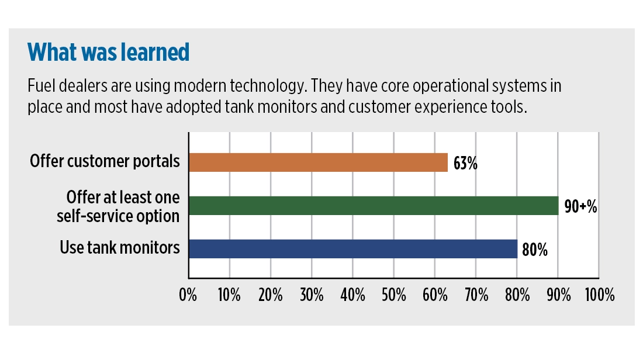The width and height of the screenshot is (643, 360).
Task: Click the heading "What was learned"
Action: coord(109,53)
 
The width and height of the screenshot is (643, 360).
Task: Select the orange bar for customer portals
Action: coord(318,162)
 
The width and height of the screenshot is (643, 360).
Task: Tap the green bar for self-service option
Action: coord(374,205)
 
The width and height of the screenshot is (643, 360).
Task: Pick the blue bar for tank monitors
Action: coord(353,248)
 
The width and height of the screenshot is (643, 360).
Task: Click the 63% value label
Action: coord(465,163)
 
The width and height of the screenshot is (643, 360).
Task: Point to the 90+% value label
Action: coord(580,206)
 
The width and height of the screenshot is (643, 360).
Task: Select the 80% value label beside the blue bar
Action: coord(534,250)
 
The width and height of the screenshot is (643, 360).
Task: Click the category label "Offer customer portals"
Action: coord(105,161)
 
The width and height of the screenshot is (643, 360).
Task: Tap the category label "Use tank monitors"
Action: coord(119,248)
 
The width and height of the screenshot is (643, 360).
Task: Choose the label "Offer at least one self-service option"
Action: coord(118,205)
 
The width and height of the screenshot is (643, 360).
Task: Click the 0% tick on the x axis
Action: coord(188,295)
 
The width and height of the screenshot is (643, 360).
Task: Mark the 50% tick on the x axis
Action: coord(393,295)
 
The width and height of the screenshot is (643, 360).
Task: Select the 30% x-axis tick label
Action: coord(311,295)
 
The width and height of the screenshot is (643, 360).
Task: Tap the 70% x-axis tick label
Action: coord(476,295)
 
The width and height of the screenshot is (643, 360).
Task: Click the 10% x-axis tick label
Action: coord(229,295)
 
